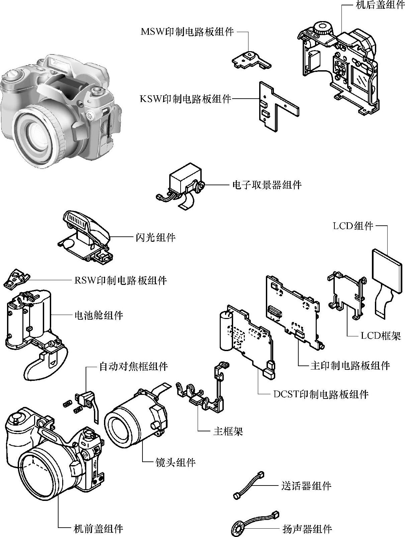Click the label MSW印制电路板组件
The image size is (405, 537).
[187, 32]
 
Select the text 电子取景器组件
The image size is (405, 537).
[267, 185]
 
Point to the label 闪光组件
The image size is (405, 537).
[156, 237]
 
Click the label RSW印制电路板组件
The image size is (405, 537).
[120, 280]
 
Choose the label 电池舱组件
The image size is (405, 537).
[99, 315]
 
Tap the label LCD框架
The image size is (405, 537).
[381, 336]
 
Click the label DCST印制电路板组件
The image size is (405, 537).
[321, 394]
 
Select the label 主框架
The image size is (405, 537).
[228, 431]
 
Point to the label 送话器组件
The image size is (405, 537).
[306, 486]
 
